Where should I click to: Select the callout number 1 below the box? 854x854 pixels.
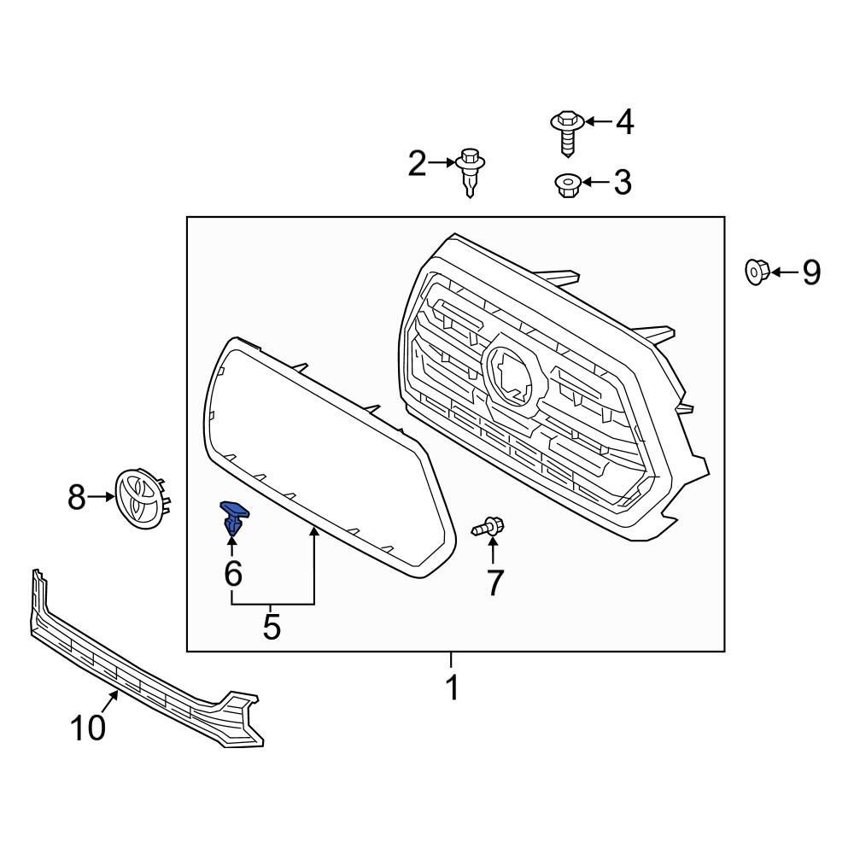coord(453,687)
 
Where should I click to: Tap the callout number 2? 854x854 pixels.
coord(416,163)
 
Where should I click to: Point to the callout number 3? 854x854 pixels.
coord(622,182)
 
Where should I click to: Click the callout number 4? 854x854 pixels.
coord(624,122)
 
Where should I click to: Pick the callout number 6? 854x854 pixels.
coord(233,574)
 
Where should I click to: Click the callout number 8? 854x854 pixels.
coord(78,496)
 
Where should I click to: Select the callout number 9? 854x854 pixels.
coord(810,272)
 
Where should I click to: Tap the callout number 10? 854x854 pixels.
coord(88,728)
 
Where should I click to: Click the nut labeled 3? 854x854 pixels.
coord(566,184)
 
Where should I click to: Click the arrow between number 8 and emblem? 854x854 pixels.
coord(102,496)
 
